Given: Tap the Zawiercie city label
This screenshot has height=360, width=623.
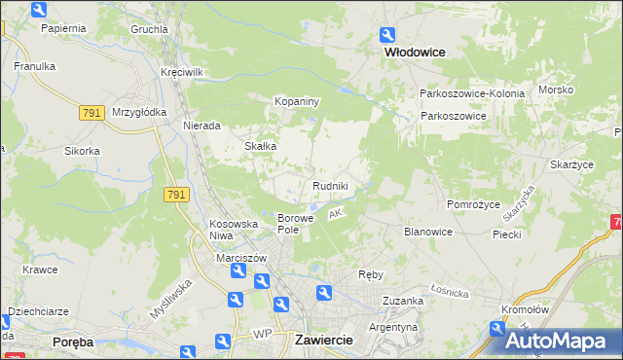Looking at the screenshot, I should point(321,340).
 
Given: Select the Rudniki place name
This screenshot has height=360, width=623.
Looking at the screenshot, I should point(330,185).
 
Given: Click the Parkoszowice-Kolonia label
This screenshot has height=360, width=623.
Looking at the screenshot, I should point(472,93).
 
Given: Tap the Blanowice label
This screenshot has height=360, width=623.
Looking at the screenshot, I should point(428,232).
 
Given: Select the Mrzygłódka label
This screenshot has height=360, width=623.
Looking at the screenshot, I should point(134,112).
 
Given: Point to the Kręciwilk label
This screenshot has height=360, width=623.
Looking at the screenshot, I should point(182,73).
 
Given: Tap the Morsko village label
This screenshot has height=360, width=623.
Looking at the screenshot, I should point(556,90).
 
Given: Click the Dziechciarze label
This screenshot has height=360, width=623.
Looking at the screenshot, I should point(38,312).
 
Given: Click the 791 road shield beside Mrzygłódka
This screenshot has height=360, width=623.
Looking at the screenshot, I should point(92,113).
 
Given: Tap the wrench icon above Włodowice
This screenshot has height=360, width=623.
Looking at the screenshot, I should point(388,34).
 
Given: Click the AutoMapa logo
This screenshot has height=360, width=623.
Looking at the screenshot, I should point(558,342).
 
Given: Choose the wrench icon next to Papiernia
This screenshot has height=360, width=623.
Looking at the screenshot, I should point(38,11).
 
